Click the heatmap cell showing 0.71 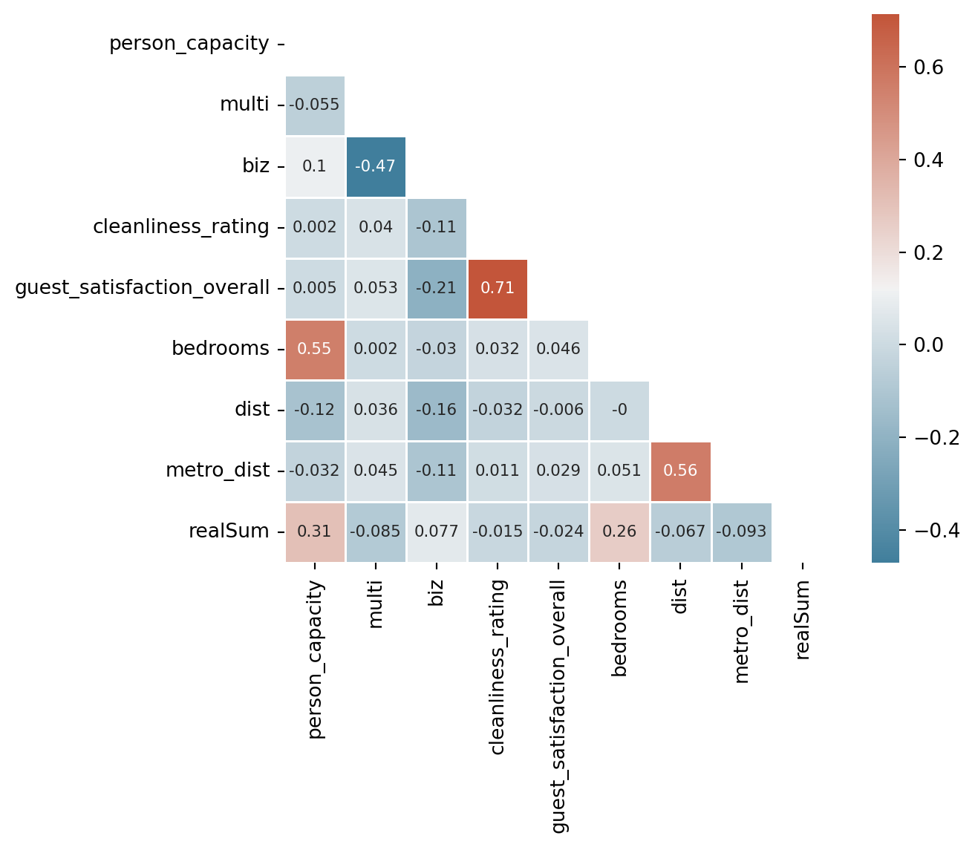[x=498, y=289]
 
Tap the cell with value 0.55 [x=315, y=350]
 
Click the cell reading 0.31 [x=315, y=532]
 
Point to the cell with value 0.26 [x=619, y=532]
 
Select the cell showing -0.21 [x=437, y=289]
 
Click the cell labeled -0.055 [x=315, y=105]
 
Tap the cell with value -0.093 [x=742, y=532]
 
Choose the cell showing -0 [x=619, y=411]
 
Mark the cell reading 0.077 [x=437, y=532]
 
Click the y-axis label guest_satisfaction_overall [x=143, y=288]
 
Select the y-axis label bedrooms [x=221, y=349]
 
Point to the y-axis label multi [x=244, y=105]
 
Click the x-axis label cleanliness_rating [x=497, y=667]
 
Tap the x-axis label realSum [x=803, y=620]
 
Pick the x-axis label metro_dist [x=742, y=632]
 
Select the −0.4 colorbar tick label [x=937, y=530]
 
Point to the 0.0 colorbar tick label [x=928, y=345]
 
